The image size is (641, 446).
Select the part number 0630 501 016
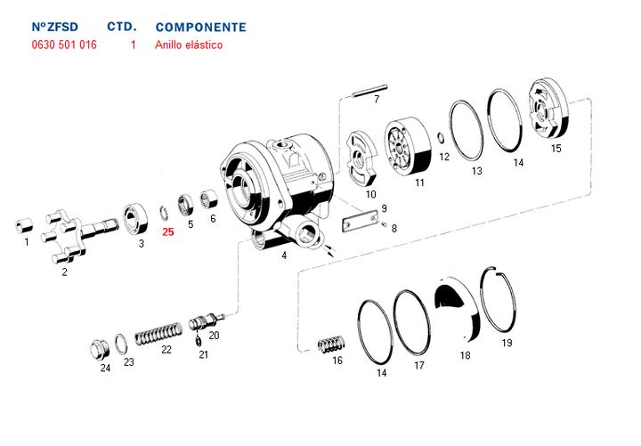point(63,45)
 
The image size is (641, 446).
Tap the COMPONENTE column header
point(200,28)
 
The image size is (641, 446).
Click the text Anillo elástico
point(189,45)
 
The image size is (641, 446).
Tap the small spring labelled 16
point(331,344)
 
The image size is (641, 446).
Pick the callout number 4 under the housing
point(283,255)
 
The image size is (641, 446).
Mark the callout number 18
point(465,355)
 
